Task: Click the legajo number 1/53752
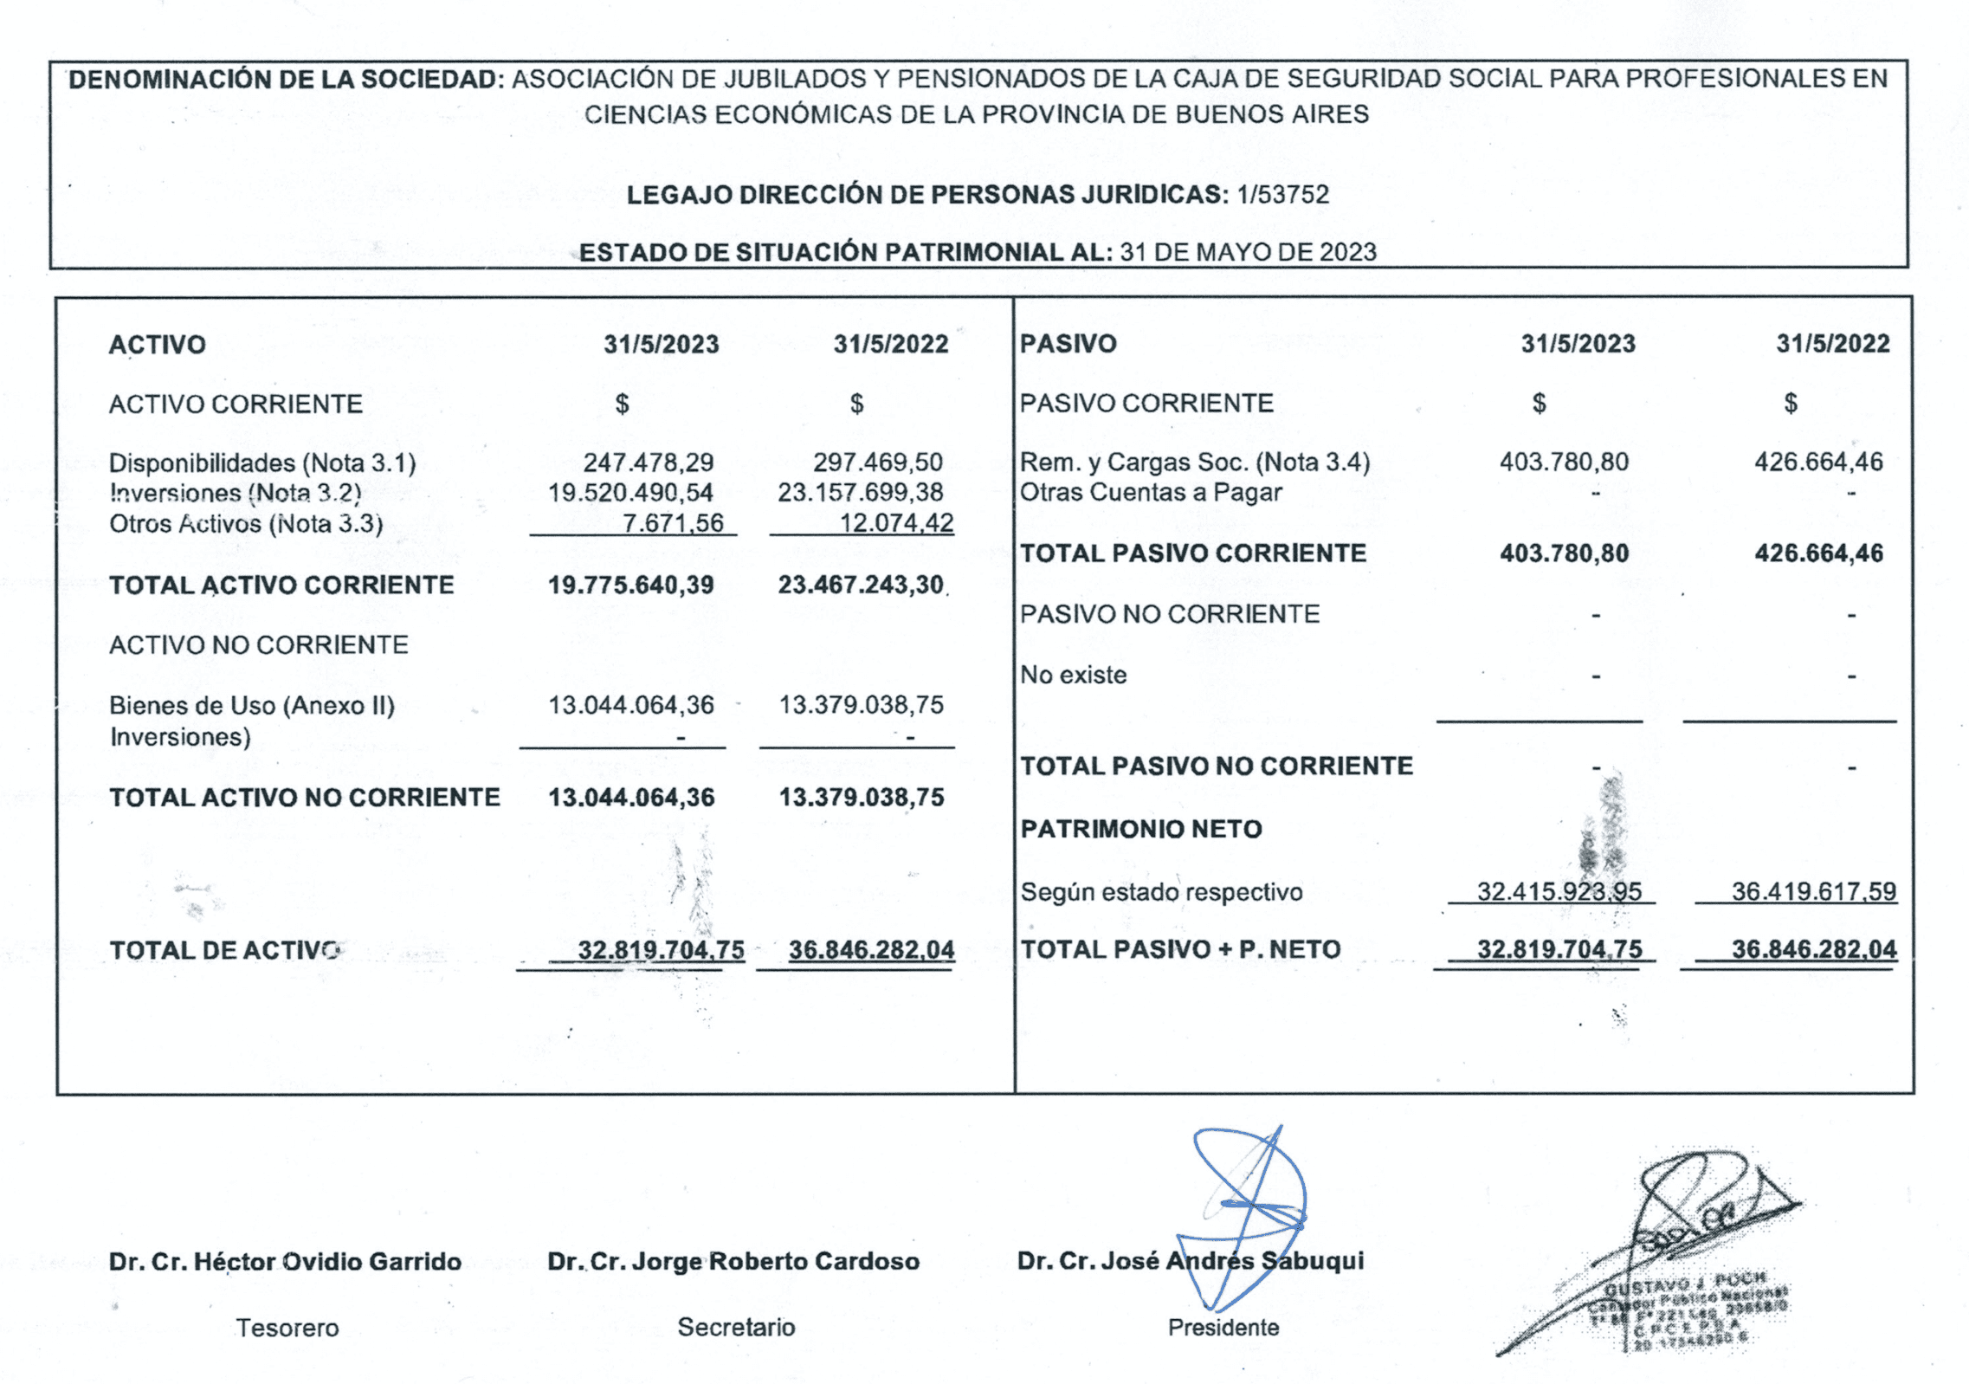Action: tap(1282, 194)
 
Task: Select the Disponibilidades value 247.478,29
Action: tap(648, 462)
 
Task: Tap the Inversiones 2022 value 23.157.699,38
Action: tap(860, 492)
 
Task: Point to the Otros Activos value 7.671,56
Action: tap(673, 522)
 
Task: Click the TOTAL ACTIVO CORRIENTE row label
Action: tap(281, 585)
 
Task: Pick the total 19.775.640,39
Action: tap(630, 585)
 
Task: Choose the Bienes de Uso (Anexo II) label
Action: tap(252, 705)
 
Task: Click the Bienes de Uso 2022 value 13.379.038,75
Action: tap(861, 705)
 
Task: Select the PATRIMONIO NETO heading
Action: tap(1140, 829)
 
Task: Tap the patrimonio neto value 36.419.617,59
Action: tap(1813, 891)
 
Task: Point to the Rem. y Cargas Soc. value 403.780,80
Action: tap(1564, 462)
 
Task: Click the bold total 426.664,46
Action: tap(1818, 553)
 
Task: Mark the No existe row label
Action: tap(1073, 675)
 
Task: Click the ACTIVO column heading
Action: tap(158, 345)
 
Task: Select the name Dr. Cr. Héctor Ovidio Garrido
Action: tap(285, 1261)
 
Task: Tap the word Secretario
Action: tap(736, 1327)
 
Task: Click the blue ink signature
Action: tap(1247, 1213)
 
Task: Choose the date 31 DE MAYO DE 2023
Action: tap(1248, 252)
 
